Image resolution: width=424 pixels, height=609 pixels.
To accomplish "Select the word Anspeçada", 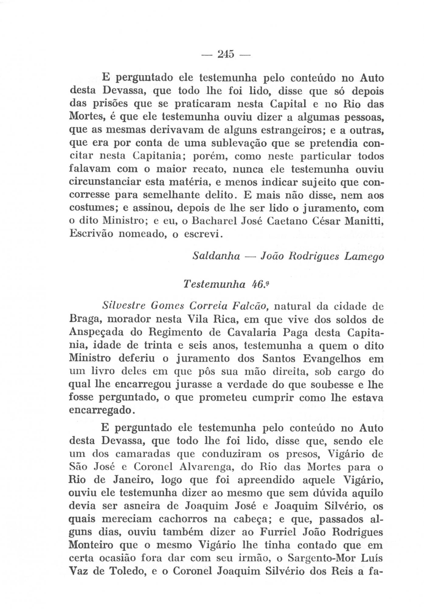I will [x=97, y=333].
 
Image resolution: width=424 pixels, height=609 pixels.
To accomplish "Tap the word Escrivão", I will [x=91, y=233].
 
